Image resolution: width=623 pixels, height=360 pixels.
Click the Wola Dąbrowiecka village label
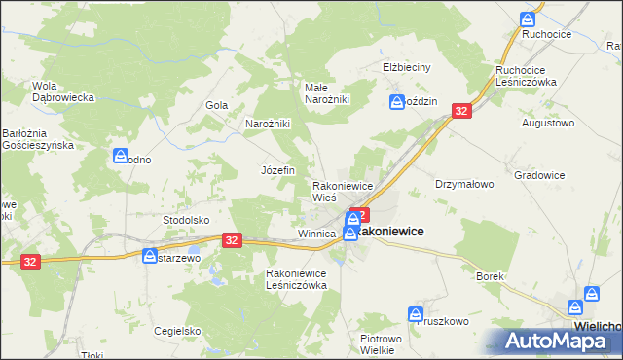click(x=62, y=90)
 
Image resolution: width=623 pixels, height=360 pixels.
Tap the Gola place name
click(x=216, y=105)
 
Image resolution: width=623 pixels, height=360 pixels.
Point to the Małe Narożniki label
click(x=326, y=93)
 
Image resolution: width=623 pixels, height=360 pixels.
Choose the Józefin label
click(x=277, y=169)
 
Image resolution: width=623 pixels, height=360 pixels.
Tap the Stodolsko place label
click(x=186, y=220)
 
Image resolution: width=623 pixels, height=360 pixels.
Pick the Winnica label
click(x=316, y=234)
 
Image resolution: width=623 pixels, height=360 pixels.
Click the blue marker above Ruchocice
click(x=528, y=19)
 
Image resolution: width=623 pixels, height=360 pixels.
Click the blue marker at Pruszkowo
click(x=416, y=315)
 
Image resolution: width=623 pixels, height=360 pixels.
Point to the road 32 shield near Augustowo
click(x=461, y=112)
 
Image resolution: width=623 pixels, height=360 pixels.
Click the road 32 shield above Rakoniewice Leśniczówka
click(x=231, y=239)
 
